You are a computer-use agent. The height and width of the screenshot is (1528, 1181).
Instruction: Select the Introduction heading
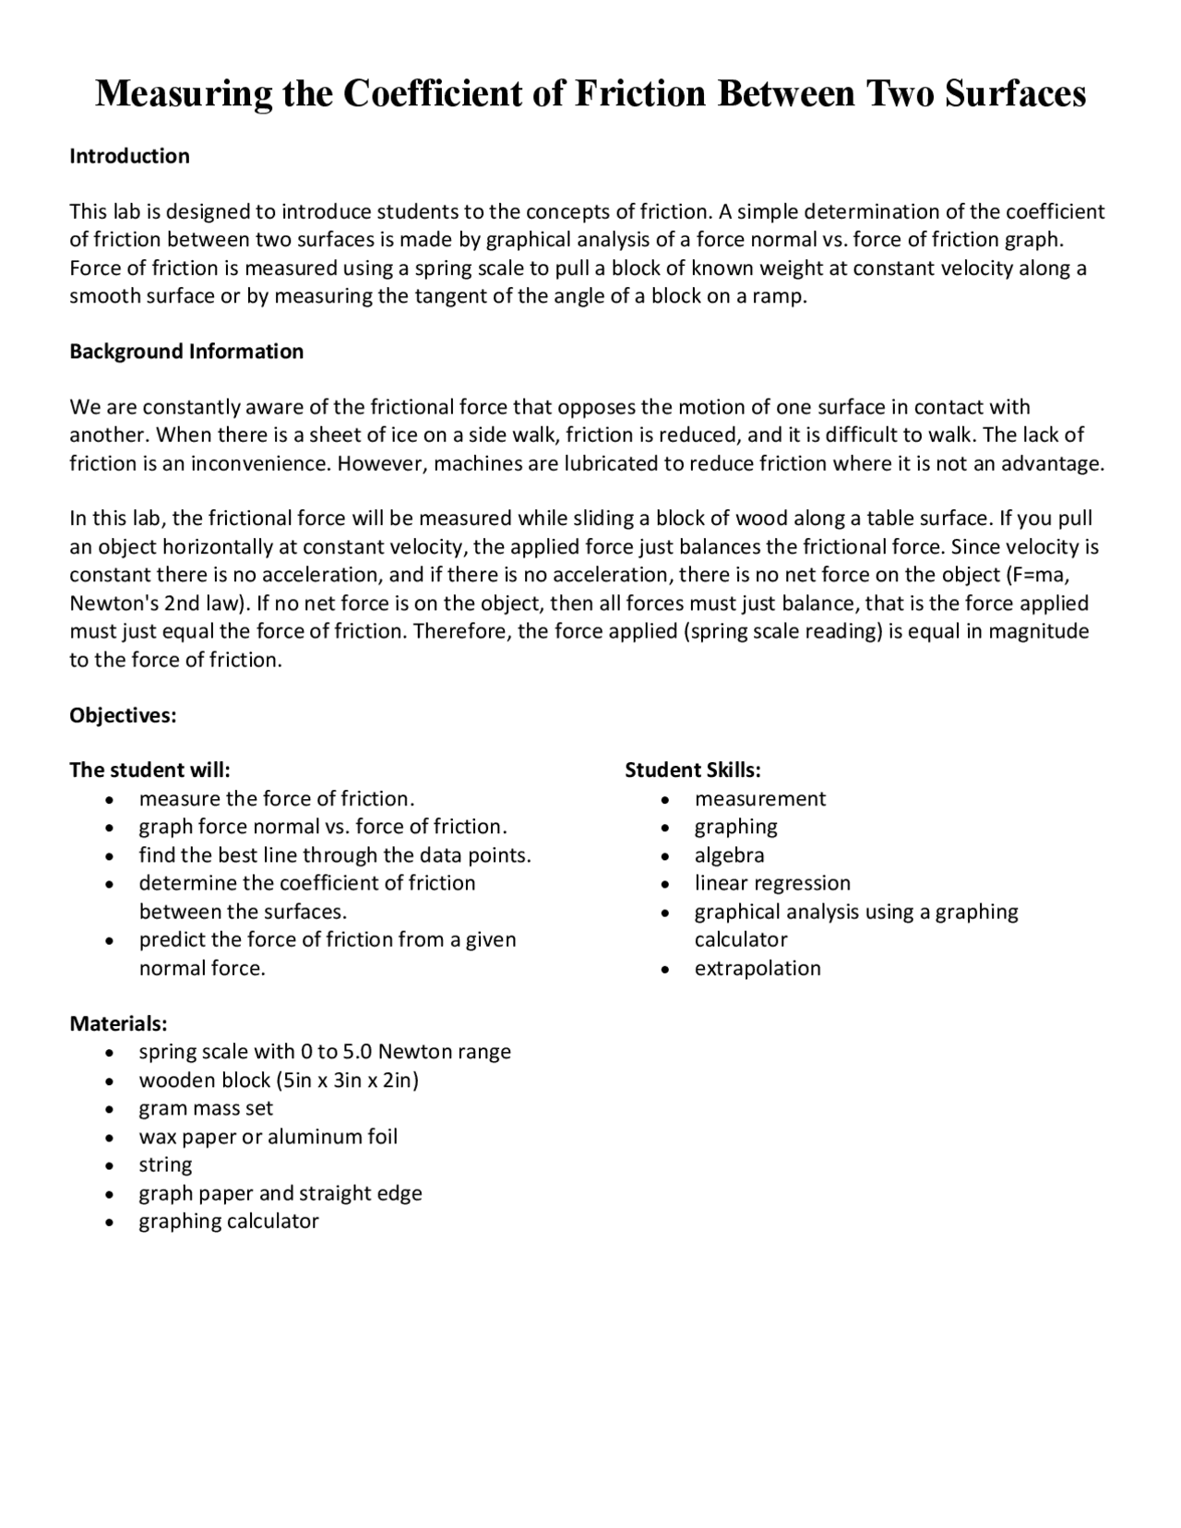tap(129, 156)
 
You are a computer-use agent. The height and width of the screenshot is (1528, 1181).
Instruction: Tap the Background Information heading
tap(186, 352)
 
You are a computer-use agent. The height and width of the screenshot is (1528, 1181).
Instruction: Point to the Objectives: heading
tap(123, 715)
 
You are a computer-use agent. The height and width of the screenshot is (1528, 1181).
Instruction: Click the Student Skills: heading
tap(693, 770)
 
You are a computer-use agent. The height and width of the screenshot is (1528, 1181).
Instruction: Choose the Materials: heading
tap(118, 1023)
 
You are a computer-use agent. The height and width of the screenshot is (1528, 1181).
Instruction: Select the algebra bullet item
tap(729, 855)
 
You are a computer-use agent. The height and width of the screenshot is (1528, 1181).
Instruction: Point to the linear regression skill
tap(772, 883)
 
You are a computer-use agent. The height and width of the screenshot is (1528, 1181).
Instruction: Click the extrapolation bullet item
tap(758, 968)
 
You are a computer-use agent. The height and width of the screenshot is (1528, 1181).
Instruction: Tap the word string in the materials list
tap(165, 1164)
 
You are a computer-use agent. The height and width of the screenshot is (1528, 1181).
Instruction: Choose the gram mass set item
tap(206, 1108)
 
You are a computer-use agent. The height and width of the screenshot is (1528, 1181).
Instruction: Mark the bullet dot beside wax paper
tap(111, 1138)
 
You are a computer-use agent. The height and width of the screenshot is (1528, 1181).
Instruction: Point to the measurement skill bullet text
tap(760, 799)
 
